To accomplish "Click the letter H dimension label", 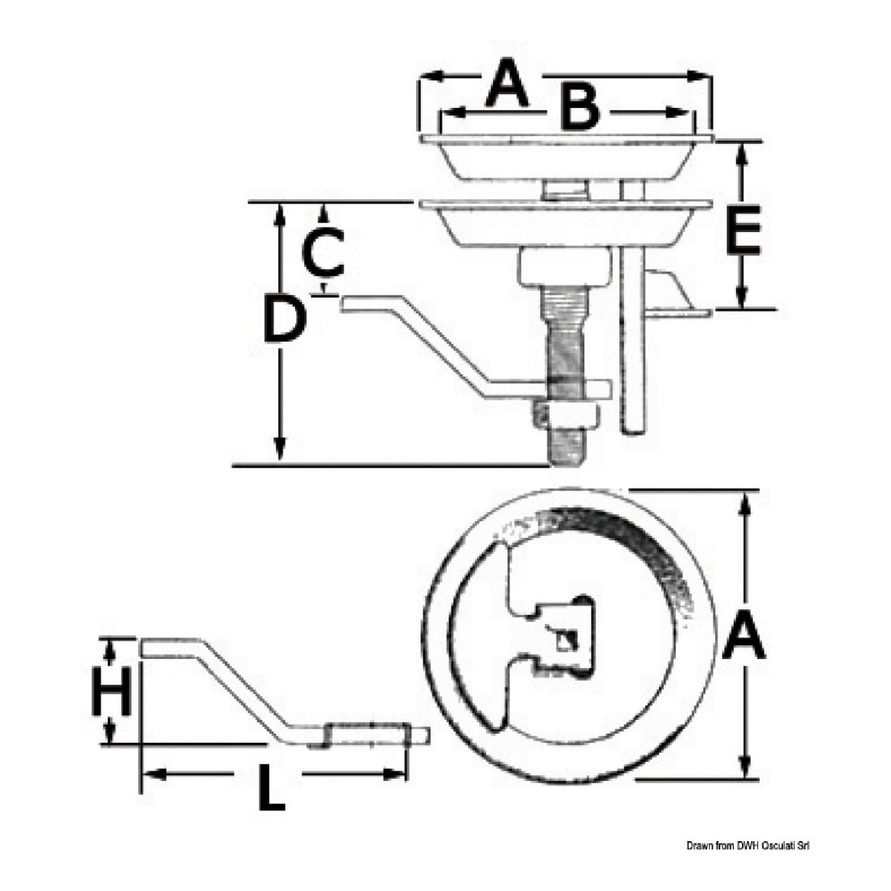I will click(x=112, y=691).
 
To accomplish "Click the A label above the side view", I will click(x=508, y=84).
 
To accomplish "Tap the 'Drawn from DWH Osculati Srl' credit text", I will click(x=749, y=846).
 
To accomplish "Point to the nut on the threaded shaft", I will click(x=567, y=416).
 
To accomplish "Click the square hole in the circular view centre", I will click(x=566, y=641).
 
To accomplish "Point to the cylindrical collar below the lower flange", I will click(x=564, y=268).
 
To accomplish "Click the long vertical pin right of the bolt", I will click(x=633, y=345).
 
